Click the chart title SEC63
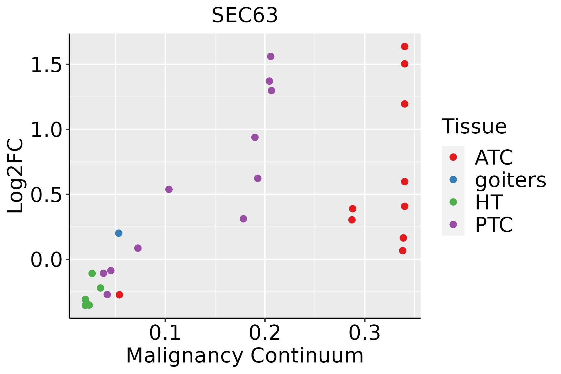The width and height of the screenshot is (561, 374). click(x=245, y=15)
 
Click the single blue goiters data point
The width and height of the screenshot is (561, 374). click(x=119, y=233)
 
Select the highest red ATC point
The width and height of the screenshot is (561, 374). click(x=405, y=46)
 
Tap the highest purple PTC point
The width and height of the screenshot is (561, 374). click(x=271, y=56)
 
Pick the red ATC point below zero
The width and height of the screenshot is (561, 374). click(x=119, y=295)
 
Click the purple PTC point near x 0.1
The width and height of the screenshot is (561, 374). click(x=169, y=189)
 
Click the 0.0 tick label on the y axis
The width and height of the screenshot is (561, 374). click(x=46, y=259)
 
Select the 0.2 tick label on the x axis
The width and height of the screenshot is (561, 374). click(x=265, y=333)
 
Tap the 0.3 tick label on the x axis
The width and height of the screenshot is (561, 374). click(x=365, y=333)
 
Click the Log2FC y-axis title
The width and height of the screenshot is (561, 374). click(x=15, y=176)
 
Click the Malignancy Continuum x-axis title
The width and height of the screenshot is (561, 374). click(x=245, y=356)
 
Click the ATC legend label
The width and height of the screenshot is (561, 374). click(x=494, y=157)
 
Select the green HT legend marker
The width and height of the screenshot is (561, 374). click(x=453, y=202)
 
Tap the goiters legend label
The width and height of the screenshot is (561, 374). click(x=511, y=180)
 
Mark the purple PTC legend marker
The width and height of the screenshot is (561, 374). click(x=453, y=224)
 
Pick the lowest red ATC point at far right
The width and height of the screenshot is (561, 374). click(x=403, y=251)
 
